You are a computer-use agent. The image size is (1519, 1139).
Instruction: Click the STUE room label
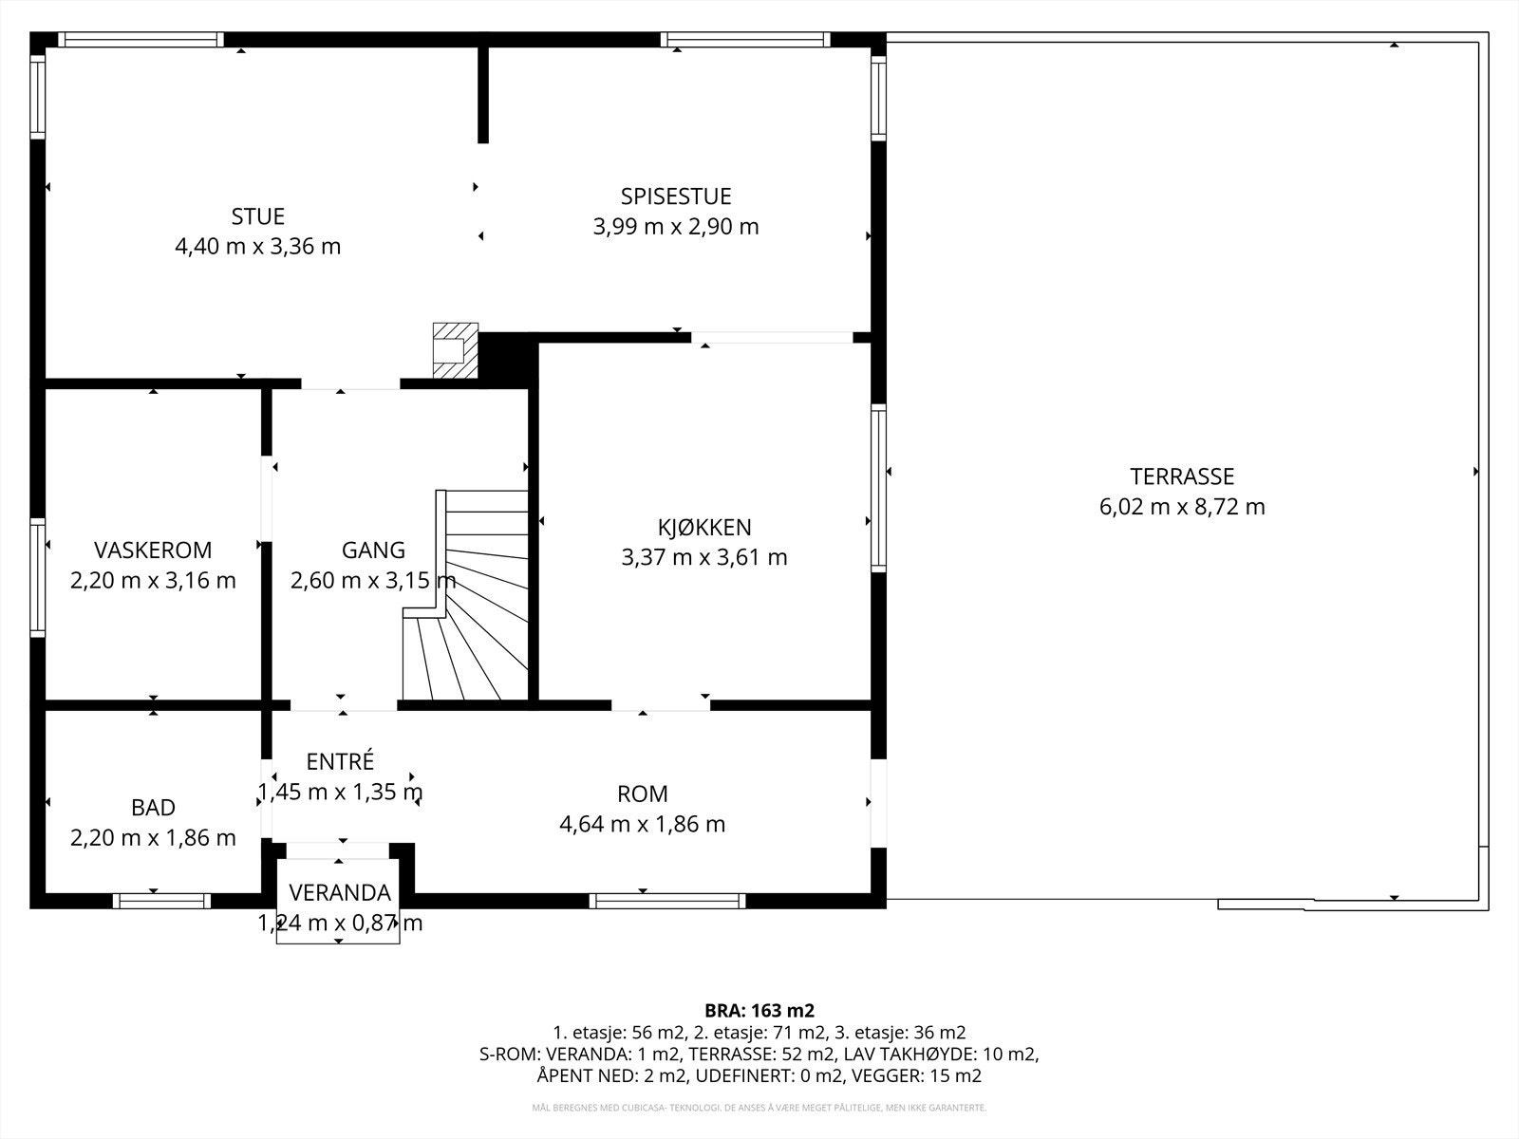tap(258, 216)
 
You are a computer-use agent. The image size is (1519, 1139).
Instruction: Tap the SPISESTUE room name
tap(676, 196)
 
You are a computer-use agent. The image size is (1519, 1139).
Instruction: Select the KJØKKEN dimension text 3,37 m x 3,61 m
tap(704, 557)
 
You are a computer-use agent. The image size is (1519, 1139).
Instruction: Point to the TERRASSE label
tap(1182, 476)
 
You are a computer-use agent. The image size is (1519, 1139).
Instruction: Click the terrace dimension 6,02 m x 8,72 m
tap(1182, 507)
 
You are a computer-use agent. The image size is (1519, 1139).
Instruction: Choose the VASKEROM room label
tap(153, 550)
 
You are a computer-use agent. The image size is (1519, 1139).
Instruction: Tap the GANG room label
tap(373, 550)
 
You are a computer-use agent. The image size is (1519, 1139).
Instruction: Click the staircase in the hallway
tap(466, 595)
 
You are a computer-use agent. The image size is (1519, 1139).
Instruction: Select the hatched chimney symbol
tap(456, 350)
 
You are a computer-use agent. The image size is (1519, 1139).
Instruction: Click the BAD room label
tap(153, 808)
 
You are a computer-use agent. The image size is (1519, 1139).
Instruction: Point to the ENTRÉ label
tap(340, 761)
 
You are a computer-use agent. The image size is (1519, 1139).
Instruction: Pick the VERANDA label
tap(340, 893)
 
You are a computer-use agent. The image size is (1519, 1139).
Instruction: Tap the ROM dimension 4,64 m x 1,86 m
tap(642, 824)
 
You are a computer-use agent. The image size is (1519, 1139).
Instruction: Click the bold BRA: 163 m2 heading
tap(759, 1011)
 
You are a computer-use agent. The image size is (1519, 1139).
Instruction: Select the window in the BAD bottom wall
tap(162, 901)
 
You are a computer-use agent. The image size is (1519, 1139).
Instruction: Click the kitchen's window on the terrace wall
tap(878, 488)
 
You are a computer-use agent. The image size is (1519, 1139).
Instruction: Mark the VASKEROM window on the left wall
tap(37, 577)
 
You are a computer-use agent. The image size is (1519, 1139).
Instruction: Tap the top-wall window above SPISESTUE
tap(745, 40)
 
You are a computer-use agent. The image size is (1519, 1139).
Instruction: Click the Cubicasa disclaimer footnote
tap(759, 1108)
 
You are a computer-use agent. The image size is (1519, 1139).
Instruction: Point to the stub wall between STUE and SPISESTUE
tap(483, 95)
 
